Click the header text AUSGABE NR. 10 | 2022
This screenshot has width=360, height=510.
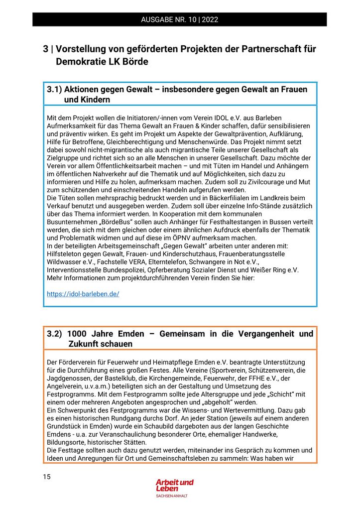tap(179, 20)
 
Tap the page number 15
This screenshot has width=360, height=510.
tap(47, 477)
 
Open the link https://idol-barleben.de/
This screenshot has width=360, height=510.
tap(83, 294)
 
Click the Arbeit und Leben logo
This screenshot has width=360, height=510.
tap(174, 486)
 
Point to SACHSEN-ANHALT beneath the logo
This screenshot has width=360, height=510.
tap(172, 496)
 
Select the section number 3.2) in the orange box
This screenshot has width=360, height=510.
tap(55, 334)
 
